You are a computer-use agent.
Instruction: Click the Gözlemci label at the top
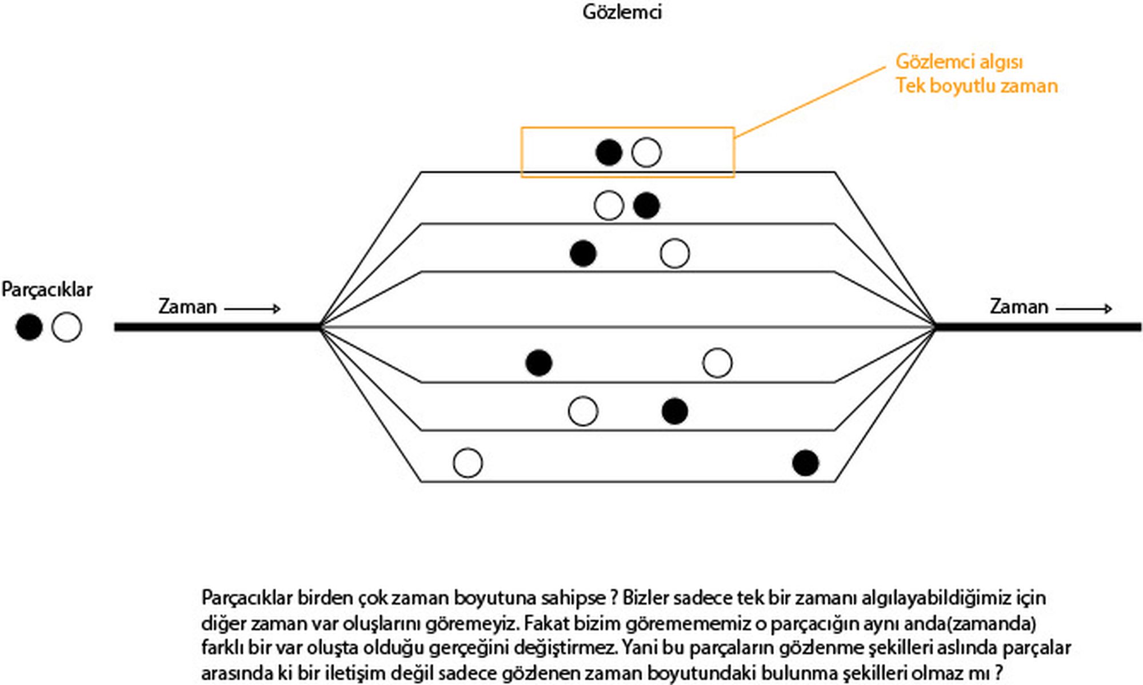point(622,12)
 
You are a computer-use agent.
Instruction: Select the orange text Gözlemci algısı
point(959,62)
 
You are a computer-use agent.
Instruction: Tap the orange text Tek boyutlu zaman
point(976,86)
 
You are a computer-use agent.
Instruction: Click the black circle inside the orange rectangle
point(609,153)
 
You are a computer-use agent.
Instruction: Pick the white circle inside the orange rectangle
point(646,153)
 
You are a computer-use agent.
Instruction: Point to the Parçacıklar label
point(47,289)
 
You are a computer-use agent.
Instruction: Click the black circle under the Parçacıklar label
point(29,327)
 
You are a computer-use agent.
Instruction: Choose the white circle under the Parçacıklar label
point(66,327)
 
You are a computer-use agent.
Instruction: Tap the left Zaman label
point(187,307)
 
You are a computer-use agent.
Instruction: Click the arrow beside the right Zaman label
point(1084,309)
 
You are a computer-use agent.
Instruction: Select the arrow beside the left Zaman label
point(252,309)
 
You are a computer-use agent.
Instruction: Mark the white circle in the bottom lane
point(467,463)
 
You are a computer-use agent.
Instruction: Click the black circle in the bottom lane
point(805,463)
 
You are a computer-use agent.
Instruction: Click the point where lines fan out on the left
point(321,327)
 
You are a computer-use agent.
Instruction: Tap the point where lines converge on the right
point(935,327)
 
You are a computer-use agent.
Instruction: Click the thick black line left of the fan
point(217,327)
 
